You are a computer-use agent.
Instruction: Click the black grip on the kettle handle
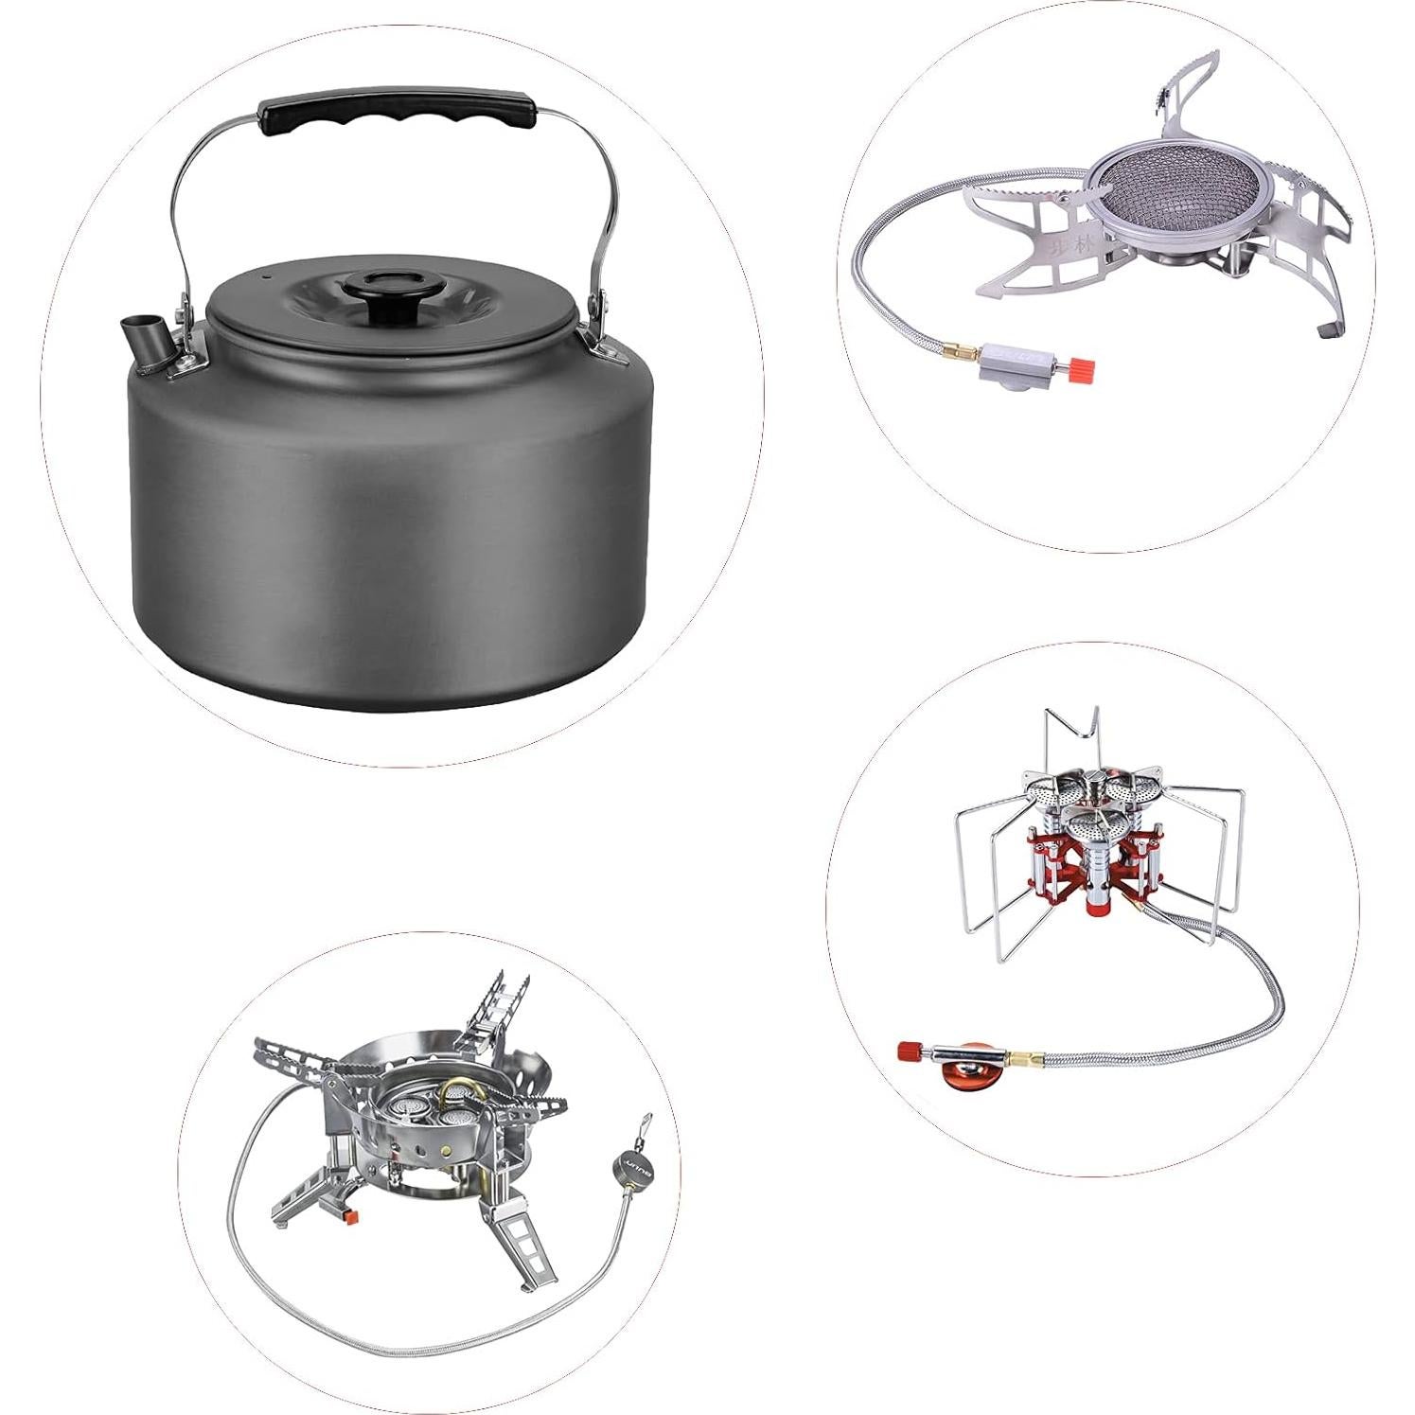pyautogui.click(x=398, y=108)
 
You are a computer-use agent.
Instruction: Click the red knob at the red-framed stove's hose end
pyautogui.click(x=910, y=1052)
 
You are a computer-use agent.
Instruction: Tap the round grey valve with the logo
pyautogui.click(x=631, y=1160)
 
